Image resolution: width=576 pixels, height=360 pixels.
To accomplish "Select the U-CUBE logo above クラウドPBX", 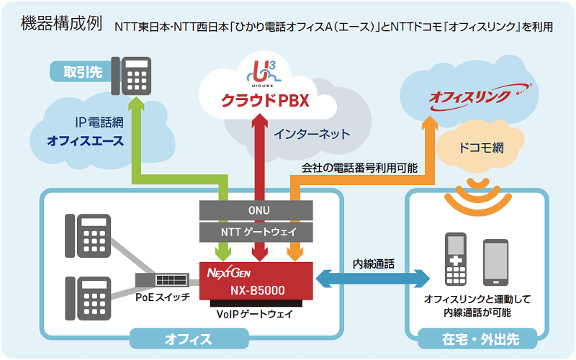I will tap(264, 73).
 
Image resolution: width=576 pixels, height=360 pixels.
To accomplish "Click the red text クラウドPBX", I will tap(264, 100).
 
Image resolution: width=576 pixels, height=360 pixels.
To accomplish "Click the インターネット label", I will tap(311, 134).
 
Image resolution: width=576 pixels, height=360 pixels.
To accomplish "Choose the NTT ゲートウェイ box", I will tap(256, 232).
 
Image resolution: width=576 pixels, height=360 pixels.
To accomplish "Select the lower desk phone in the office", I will tap(89, 297).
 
